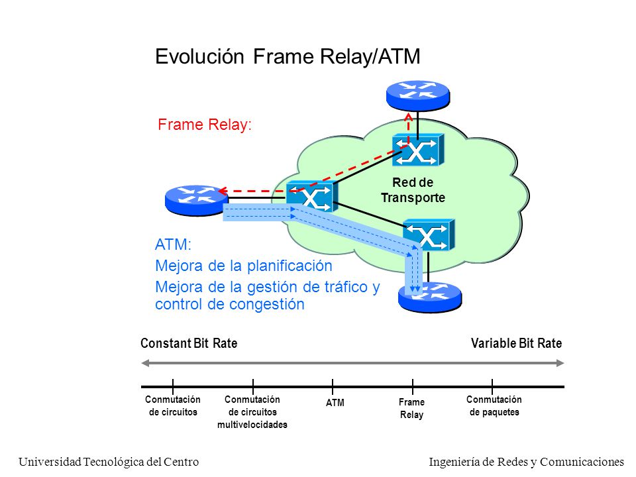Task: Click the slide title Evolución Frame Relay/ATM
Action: (288, 56)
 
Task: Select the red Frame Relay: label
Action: (205, 125)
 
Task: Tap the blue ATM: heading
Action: (173, 244)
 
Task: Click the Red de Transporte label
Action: (413, 190)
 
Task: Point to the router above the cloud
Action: (418, 95)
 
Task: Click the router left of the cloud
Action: (197, 200)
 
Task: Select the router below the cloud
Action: (430, 297)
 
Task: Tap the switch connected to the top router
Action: (418, 150)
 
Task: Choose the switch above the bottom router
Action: (429, 235)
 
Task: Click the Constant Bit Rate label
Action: (189, 343)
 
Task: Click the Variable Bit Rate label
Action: (516, 343)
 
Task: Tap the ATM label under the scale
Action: (335, 403)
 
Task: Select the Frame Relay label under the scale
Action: (411, 409)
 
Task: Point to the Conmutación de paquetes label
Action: (494, 405)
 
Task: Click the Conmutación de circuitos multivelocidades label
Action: (252, 412)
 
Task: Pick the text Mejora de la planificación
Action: (244, 266)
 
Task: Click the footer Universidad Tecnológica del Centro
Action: (109, 462)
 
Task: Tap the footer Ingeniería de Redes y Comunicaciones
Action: (527, 462)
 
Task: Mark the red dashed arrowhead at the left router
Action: (222, 191)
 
